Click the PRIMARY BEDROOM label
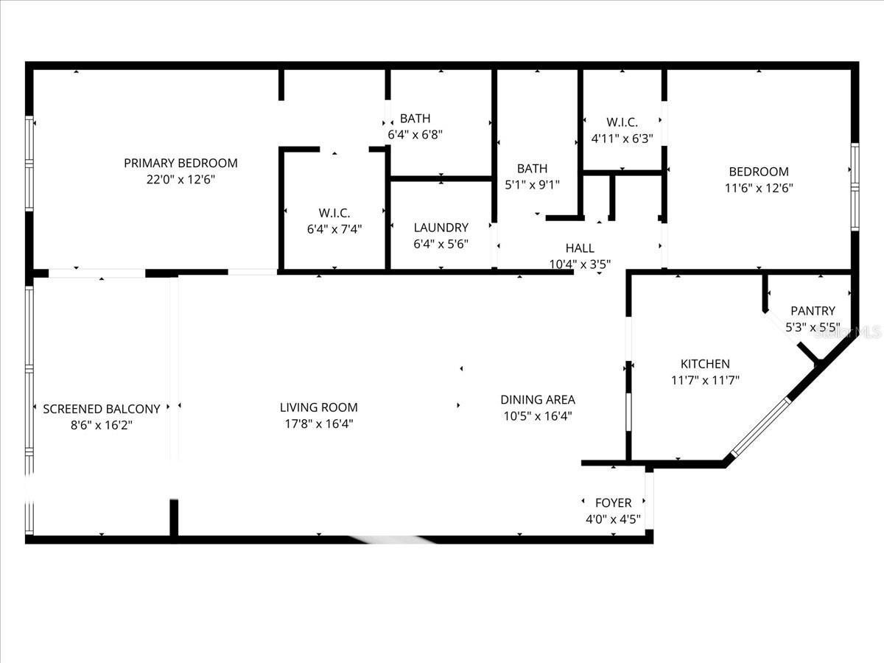[180, 163]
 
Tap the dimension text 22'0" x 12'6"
[180, 179]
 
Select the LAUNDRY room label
[441, 228]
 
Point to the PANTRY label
[813, 311]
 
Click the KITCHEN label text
[705, 364]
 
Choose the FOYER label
[613, 502]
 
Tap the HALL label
[580, 248]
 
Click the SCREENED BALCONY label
[102, 409]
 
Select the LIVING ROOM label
[318, 407]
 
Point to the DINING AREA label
[538, 400]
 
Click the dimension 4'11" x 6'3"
[622, 138]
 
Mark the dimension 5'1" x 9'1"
[532, 185]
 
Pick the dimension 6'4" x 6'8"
[415, 135]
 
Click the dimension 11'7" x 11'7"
[705, 380]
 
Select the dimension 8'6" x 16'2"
[102, 425]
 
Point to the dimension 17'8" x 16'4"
[318, 424]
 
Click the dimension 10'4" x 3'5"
[580, 264]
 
